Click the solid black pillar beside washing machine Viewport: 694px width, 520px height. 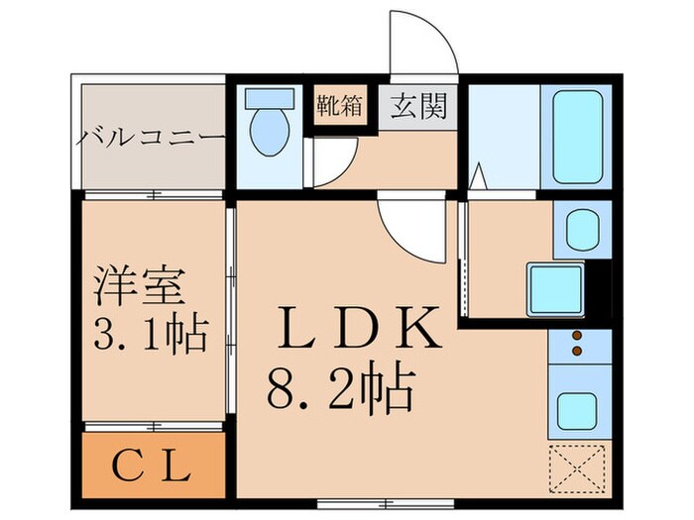point(598,286)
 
